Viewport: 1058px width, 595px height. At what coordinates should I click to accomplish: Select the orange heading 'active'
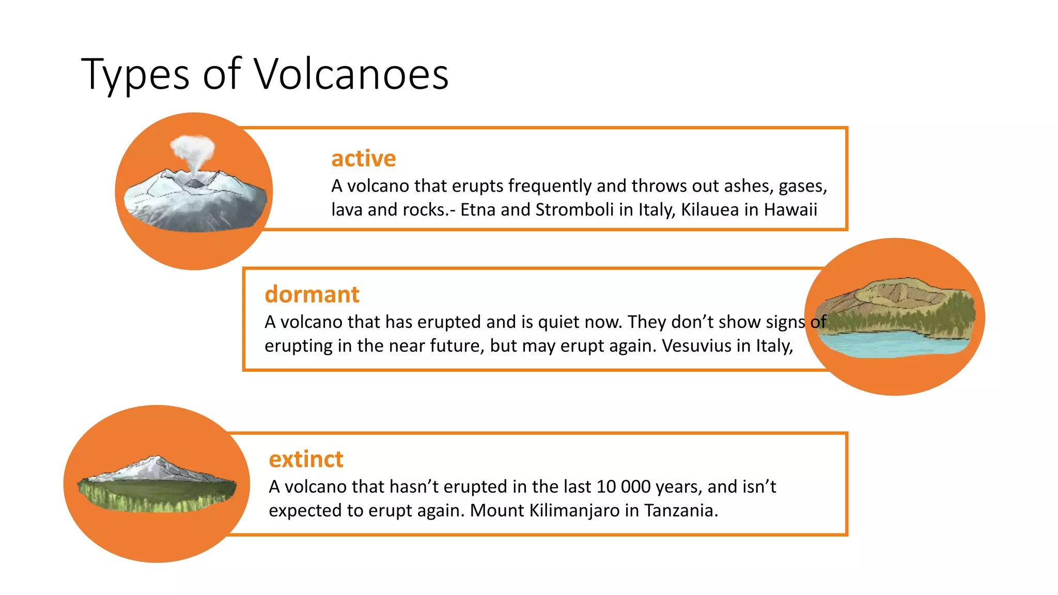(x=363, y=159)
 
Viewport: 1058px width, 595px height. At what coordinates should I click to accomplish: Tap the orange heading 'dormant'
(x=312, y=294)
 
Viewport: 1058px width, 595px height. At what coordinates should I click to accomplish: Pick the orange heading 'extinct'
(x=306, y=459)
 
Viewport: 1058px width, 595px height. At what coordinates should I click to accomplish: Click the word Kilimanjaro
(x=574, y=510)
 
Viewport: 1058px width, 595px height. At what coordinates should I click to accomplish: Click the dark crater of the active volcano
(x=195, y=183)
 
